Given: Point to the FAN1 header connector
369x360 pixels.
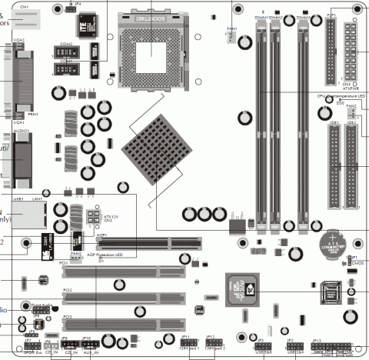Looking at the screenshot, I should pyautogui.click(x=231, y=38).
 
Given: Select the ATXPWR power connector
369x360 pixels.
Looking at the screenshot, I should pyautogui.click(x=352, y=52).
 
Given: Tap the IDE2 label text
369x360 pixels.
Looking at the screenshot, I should pyautogui.click(x=351, y=122).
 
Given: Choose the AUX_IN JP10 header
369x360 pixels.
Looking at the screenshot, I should pyautogui.click(x=87, y=345).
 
